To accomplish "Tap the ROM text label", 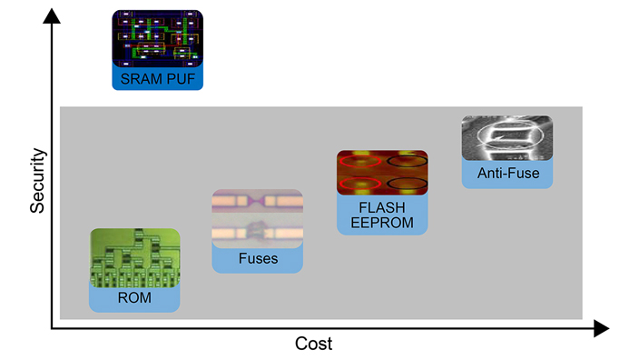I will [x=134, y=298].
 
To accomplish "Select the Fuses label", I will [x=258, y=259].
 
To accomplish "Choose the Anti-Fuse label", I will [x=507, y=173].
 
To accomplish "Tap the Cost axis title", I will [x=313, y=345].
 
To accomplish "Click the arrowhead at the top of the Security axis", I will [x=52, y=11].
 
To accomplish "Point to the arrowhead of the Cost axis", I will [x=601, y=327].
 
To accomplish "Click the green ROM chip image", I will [x=134, y=255].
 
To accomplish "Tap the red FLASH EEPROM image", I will [x=382, y=172].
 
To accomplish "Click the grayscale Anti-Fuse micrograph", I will [x=507, y=137].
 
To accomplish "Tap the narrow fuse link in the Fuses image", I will [x=258, y=200].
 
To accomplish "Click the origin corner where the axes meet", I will [x=52, y=327].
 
